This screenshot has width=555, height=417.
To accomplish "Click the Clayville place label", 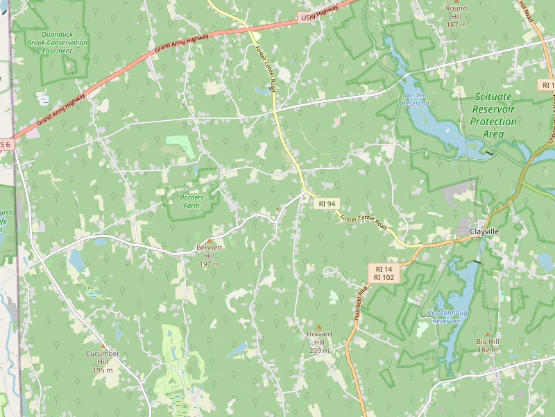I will [x=484, y=231].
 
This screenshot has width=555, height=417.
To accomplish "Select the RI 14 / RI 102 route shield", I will [x=384, y=272].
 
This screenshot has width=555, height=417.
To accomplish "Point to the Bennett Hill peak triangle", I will [x=210, y=240].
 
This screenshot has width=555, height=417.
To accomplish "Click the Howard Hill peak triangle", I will [x=319, y=327].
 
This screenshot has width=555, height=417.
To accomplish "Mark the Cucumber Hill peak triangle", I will [x=103, y=345].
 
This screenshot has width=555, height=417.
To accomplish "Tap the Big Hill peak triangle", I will [x=488, y=334].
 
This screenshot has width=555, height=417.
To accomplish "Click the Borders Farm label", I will [x=191, y=202].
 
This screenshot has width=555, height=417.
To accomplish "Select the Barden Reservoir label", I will [x=415, y=99].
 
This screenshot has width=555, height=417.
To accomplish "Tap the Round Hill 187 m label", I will [x=456, y=16].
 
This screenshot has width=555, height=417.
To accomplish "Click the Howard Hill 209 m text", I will [x=319, y=342].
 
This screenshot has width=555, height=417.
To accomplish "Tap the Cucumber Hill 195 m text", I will [x=103, y=361].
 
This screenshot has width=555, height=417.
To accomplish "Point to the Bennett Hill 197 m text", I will [x=210, y=255].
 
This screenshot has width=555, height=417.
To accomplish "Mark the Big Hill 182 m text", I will [x=488, y=345].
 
